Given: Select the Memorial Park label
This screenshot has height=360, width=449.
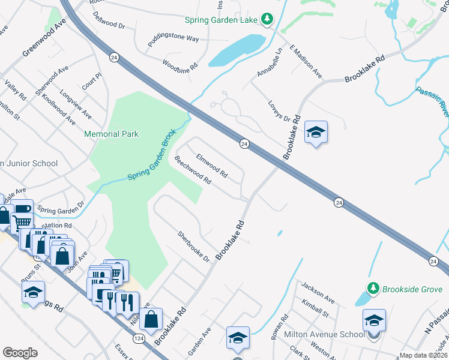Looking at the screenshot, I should point(111,134).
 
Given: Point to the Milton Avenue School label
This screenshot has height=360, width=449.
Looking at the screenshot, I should point(332,334).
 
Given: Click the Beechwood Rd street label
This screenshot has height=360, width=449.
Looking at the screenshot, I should point(193,171).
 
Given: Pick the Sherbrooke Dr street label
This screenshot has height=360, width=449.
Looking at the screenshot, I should point(194,247).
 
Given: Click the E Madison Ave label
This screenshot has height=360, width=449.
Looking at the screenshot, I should point(306,61).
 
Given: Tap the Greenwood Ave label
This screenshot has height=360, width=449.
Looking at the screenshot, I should point(44,41).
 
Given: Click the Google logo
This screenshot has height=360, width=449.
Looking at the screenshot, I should point(20,353).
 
